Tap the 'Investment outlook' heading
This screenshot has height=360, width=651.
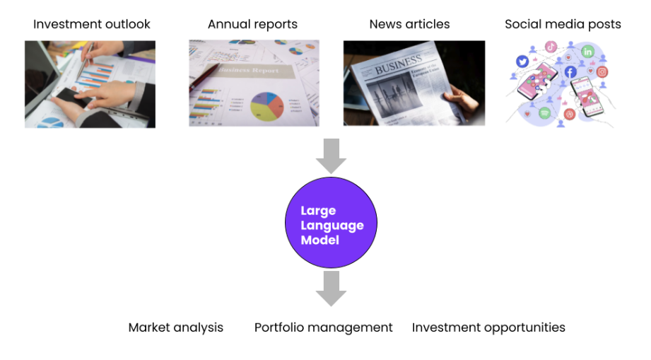[x=92, y=24]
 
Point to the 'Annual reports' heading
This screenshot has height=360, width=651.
[x=252, y=24]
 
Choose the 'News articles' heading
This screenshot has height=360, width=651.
[x=409, y=24]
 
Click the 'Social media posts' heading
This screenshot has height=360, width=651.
[x=563, y=24]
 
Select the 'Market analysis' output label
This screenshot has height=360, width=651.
[x=175, y=327]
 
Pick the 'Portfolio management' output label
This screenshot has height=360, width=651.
[x=323, y=327]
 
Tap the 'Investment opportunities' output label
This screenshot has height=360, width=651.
[x=488, y=327]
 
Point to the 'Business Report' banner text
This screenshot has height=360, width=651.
[x=250, y=71]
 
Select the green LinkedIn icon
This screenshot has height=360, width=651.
[x=587, y=52]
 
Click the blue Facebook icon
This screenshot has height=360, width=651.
[x=570, y=71]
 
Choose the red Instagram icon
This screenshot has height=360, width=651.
[x=602, y=71]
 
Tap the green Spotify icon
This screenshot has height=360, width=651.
[x=544, y=113]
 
